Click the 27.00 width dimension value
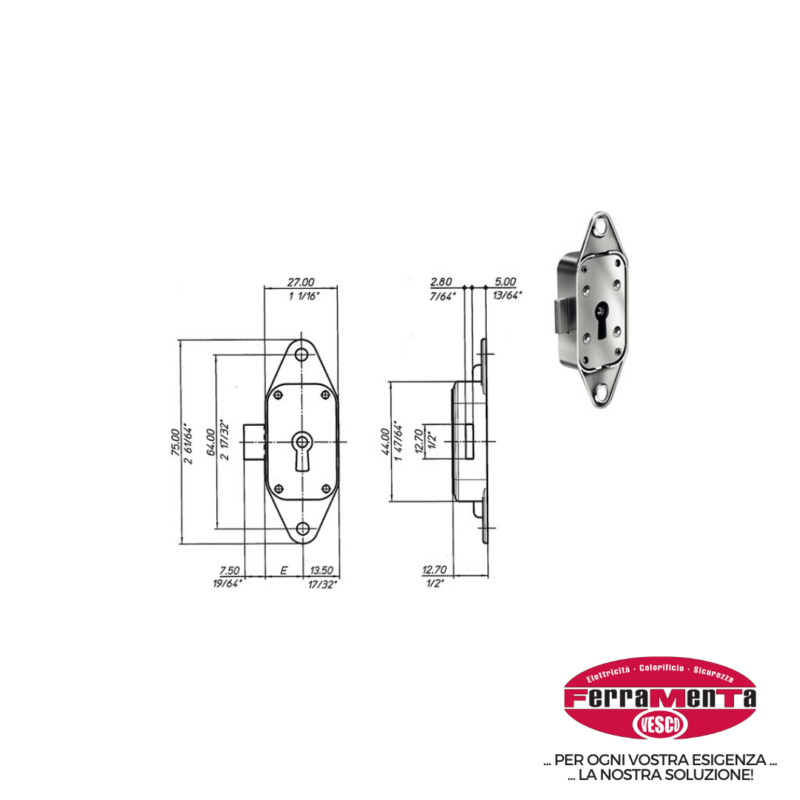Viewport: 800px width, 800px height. point(301,281)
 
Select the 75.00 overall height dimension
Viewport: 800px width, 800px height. point(175,441)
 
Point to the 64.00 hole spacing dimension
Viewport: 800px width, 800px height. point(210,441)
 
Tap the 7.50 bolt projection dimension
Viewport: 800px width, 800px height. point(229,570)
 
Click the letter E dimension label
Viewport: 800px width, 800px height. point(284,570)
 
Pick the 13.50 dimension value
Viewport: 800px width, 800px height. point(321,570)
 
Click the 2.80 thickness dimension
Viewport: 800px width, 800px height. point(441,281)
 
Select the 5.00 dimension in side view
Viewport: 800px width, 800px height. point(505,281)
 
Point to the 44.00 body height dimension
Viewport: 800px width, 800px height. point(386,441)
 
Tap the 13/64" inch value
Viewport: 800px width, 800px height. point(507,295)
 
